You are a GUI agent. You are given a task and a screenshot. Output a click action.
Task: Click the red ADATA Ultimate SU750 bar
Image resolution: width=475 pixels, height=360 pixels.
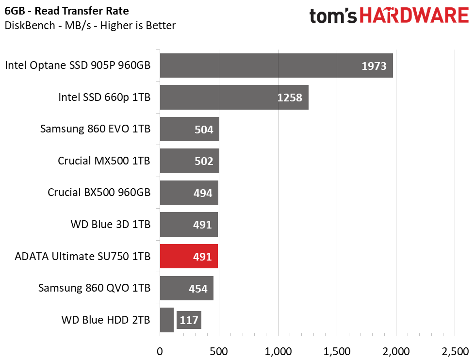[x=189, y=256]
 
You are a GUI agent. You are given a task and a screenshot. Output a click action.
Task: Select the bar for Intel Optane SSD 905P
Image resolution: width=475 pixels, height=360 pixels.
[x=276, y=65]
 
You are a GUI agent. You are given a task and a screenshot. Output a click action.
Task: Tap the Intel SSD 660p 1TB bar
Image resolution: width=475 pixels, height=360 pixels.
[x=234, y=97]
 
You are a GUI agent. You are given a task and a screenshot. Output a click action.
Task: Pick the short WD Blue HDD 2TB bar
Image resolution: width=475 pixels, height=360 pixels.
[x=166, y=320]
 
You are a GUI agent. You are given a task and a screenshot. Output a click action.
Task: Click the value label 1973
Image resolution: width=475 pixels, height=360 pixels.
[x=374, y=66]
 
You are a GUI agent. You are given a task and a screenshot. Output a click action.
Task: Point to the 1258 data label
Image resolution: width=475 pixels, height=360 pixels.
[x=290, y=98]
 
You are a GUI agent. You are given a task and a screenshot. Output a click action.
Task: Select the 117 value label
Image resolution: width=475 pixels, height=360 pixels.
[x=189, y=320]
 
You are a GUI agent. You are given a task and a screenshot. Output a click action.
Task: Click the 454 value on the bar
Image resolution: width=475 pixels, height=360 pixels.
[x=198, y=289]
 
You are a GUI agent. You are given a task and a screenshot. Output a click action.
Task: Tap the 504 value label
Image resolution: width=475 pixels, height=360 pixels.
[x=204, y=130]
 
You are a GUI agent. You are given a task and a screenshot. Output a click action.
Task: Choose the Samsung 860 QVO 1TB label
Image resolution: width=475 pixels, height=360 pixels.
[x=94, y=288]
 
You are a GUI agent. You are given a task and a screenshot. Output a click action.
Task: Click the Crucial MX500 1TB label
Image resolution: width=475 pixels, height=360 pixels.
[x=104, y=161]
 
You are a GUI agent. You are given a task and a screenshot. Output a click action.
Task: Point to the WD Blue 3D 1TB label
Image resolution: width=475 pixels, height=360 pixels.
[x=111, y=224]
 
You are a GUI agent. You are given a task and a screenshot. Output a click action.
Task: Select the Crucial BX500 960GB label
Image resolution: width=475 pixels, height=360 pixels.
[x=99, y=192]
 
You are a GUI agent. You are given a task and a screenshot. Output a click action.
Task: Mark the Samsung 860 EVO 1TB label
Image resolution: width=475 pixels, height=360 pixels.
[x=96, y=129]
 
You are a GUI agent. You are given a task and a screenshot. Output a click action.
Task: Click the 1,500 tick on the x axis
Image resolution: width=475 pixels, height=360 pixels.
[x=337, y=352]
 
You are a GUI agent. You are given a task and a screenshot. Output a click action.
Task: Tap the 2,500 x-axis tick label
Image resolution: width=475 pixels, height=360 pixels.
[x=455, y=352]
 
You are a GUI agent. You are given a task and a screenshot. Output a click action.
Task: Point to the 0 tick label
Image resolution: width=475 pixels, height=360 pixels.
[x=160, y=352]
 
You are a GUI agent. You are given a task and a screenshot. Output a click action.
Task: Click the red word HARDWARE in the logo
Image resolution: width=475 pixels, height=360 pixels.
[x=414, y=16]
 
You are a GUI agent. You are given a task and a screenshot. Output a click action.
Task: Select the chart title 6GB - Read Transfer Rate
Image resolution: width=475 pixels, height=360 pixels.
[x=66, y=11]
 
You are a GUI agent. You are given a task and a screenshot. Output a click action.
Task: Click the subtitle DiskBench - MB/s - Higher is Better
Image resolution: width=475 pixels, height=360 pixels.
[x=90, y=25]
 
